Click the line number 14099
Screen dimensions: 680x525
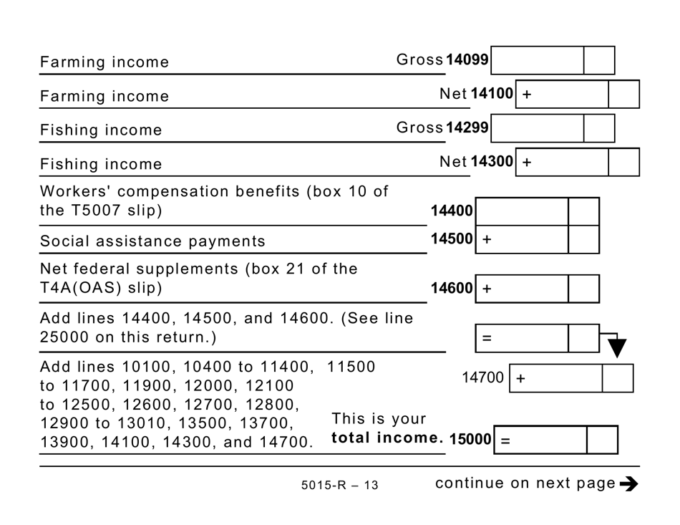tap(467, 60)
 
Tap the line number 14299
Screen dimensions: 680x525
tap(467, 128)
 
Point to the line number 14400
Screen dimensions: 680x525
tap(452, 211)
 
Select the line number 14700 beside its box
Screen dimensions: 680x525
tap(483, 377)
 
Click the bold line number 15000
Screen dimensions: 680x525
tap(470, 440)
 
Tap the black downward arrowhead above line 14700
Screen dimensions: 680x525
tap(617, 349)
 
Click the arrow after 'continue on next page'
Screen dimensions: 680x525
tap(629, 484)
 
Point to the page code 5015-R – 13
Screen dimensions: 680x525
tap(340, 486)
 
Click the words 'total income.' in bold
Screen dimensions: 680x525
tap(387, 438)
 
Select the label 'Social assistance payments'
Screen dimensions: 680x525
tap(152, 241)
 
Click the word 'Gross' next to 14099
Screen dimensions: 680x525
tap(419, 60)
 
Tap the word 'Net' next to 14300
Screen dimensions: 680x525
tap(453, 163)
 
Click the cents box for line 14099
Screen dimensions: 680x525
tap(599, 60)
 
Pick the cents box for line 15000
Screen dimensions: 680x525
tap(602, 440)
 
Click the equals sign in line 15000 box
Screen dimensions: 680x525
tap(505, 440)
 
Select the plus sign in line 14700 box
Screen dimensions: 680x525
tap(520, 379)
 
